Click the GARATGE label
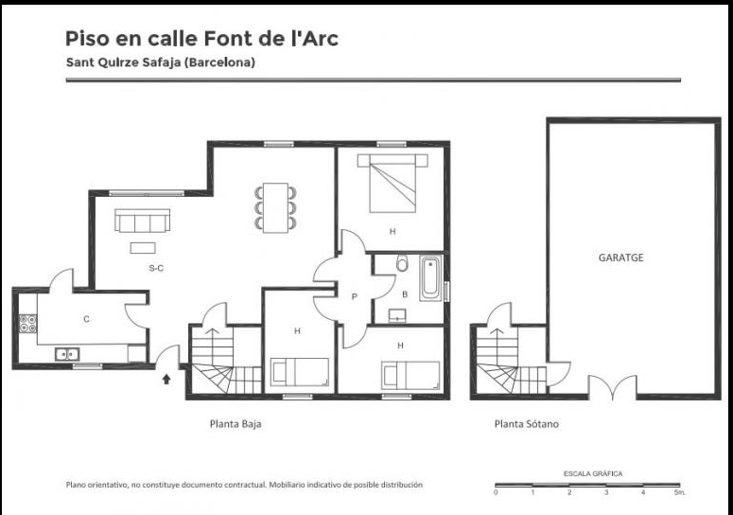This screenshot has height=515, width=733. [x=620, y=257]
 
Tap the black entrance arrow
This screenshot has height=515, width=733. [x=166, y=379]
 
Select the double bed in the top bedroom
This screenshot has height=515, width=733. [x=393, y=184]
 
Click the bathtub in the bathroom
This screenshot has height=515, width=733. [x=430, y=277]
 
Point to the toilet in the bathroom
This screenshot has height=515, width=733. [x=402, y=262]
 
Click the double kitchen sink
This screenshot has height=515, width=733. [x=67, y=354]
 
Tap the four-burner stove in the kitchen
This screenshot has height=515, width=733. [x=27, y=324]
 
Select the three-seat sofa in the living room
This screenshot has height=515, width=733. [x=142, y=221]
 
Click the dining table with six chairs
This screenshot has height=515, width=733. [x=275, y=207]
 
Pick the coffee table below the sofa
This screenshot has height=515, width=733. [x=143, y=247]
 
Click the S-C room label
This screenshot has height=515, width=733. [x=156, y=268]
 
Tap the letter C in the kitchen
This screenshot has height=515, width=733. [x=86, y=319]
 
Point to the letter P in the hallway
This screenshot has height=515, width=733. [x=355, y=296]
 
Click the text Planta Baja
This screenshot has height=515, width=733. [x=236, y=424]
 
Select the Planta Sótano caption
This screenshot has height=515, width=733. [x=527, y=424]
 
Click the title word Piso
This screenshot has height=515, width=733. [x=87, y=39]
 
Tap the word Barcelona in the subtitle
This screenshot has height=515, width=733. [x=219, y=62]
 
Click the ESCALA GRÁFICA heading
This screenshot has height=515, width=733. [x=593, y=474]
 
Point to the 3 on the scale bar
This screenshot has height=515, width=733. [x=606, y=492]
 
